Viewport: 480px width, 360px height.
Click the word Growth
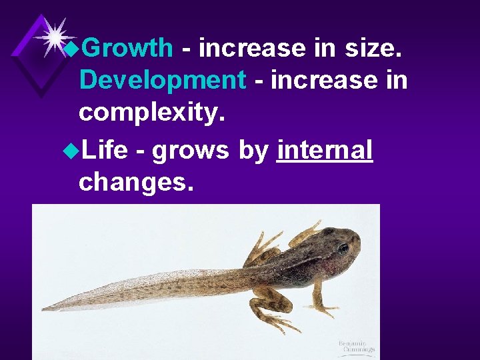[129, 48]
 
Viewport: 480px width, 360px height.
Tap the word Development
[163, 81]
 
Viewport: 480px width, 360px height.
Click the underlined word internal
[325, 151]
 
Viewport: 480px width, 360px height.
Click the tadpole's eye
[343, 248]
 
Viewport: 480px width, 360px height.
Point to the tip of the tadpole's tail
[44, 309]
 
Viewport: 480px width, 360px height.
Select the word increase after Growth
[253, 48]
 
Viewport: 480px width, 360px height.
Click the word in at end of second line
[397, 81]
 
